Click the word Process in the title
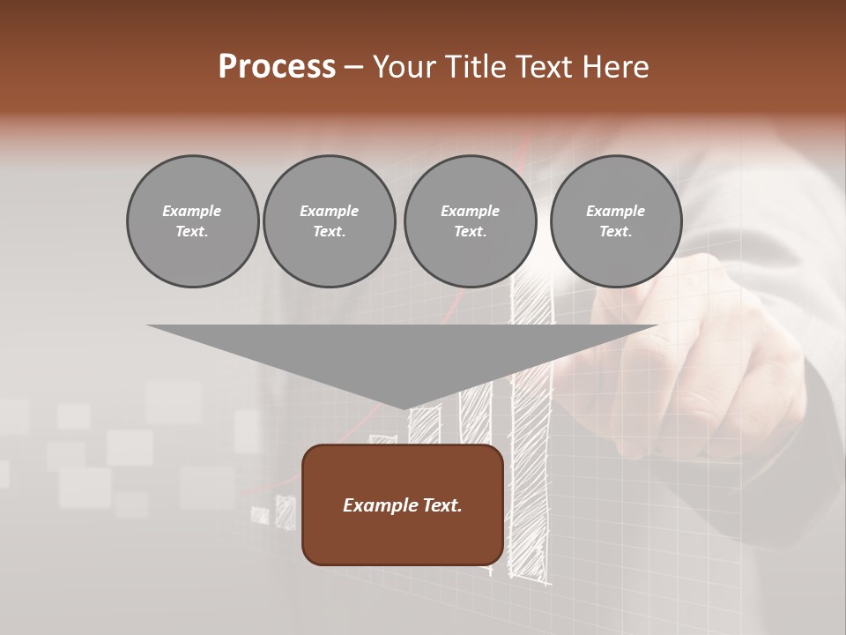277,67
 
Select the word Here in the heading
615,67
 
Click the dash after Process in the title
353,68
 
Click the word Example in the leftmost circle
192,211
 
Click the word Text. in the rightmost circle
616,231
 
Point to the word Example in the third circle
470,211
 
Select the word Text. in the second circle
329,231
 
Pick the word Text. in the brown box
442,505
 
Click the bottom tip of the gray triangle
403,407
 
